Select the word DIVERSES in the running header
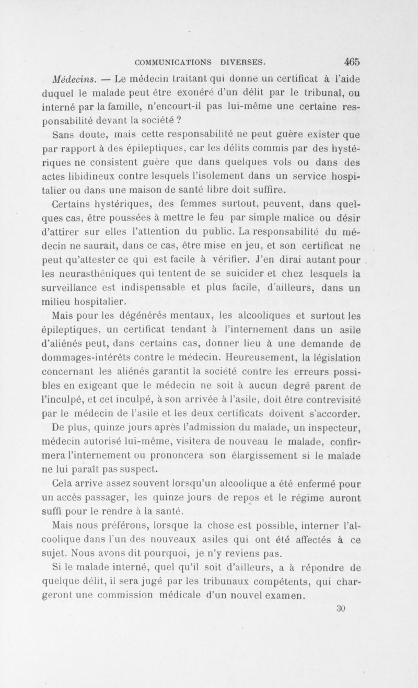[x=246, y=61]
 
